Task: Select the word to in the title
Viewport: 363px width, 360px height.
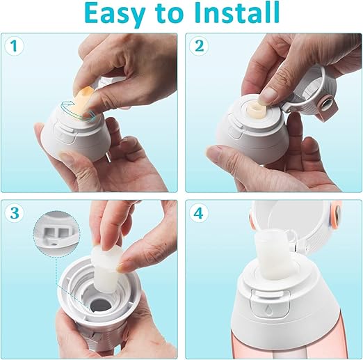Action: coord(169,15)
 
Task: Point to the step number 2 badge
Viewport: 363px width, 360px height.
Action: coord(200,46)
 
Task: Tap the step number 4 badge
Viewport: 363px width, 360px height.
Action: coord(200,213)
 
